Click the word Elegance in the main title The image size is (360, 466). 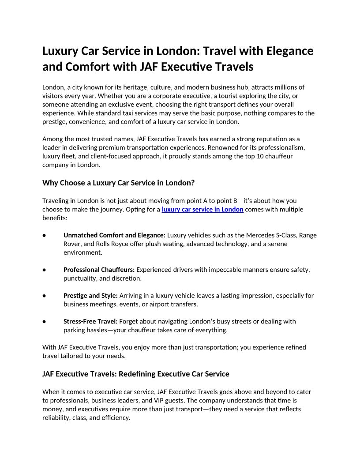[290, 51]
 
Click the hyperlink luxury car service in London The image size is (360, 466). [202, 209]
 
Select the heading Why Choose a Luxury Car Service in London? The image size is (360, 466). [119, 183]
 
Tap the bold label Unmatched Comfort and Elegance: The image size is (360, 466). [114, 235]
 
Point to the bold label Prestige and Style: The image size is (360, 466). [90, 296]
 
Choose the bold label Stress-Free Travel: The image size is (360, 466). [90, 321]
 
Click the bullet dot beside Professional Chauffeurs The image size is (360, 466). [45, 270]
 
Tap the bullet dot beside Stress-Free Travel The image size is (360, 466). [45, 321]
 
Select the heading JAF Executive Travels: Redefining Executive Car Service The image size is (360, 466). [136, 374]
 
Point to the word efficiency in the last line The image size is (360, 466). [116, 417]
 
